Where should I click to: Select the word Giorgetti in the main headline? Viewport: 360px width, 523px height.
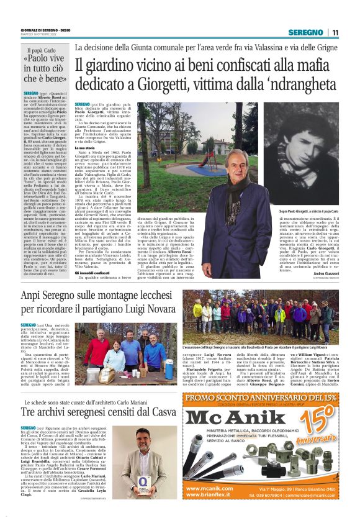click(x=171, y=84)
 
